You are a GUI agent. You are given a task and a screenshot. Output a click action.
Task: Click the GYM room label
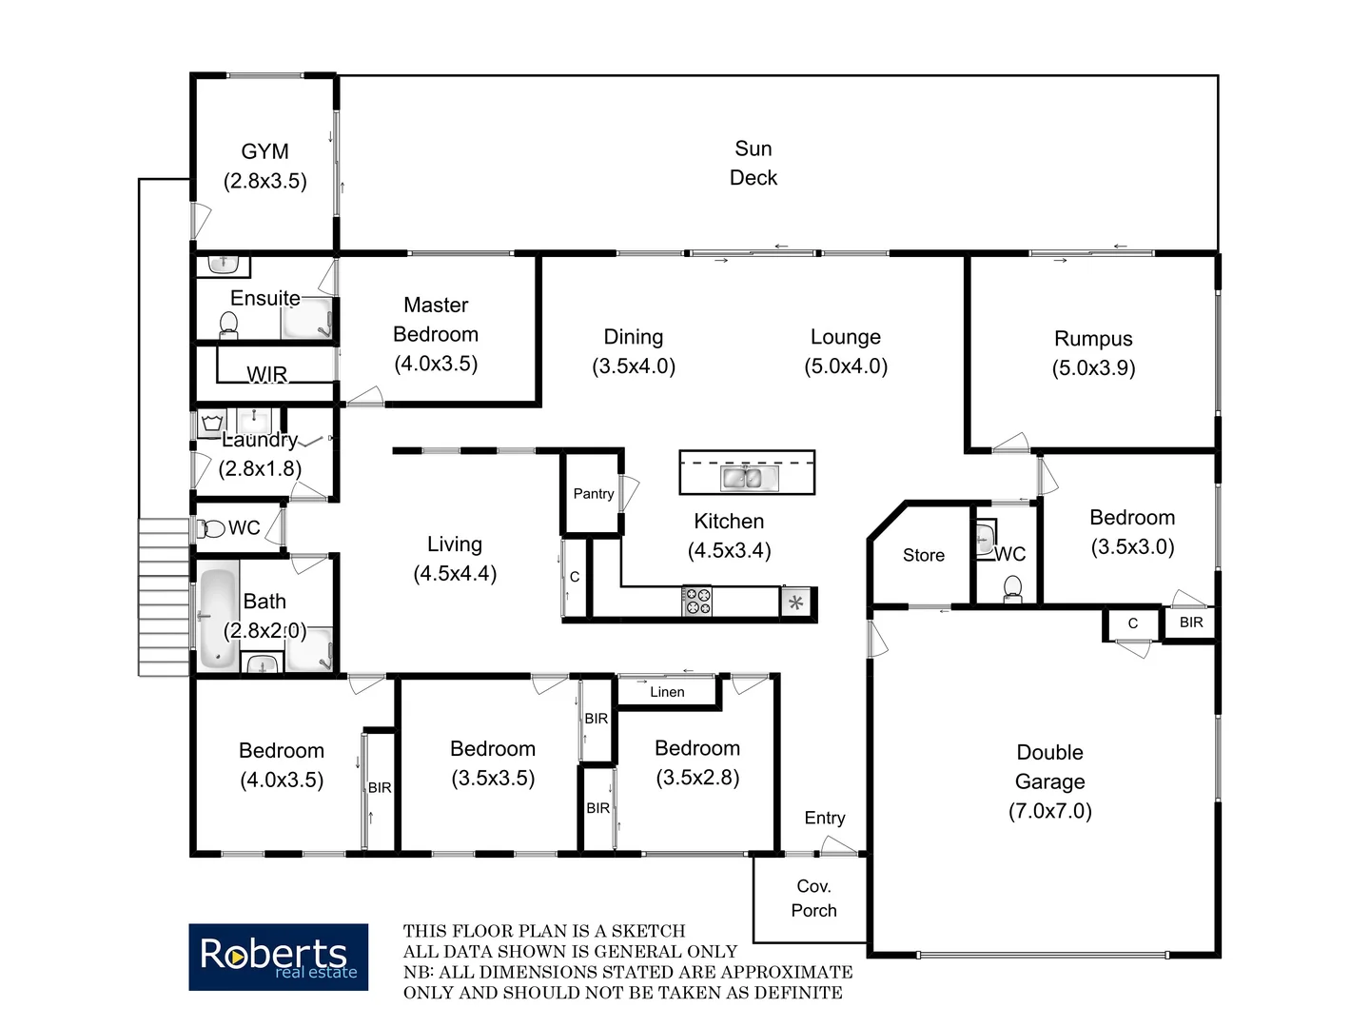264,152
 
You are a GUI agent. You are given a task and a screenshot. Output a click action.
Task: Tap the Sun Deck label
753,163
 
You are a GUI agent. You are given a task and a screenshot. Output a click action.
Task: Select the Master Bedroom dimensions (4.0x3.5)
436,364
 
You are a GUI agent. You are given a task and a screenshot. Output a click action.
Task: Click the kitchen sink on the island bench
748,478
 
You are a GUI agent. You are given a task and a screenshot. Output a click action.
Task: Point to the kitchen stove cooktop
697,602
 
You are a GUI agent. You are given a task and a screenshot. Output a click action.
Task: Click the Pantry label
594,494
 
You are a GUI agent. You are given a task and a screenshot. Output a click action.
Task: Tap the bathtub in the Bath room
218,617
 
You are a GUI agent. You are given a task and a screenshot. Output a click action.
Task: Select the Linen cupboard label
667,692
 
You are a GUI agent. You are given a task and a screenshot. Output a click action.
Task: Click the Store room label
924,555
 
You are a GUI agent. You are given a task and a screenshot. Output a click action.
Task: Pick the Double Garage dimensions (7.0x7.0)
1050,812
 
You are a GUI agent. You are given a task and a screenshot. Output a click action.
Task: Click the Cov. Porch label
813,899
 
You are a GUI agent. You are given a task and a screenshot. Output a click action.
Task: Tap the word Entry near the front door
825,818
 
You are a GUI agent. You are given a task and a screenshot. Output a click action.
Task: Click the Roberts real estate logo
278,957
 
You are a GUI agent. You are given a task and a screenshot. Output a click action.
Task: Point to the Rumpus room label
1093,339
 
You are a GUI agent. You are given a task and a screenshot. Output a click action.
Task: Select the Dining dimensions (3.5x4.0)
634,366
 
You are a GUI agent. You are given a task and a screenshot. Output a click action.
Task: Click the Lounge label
846,337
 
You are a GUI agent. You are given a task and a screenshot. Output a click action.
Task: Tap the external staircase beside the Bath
165,597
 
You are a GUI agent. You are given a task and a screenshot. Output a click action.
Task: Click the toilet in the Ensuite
228,326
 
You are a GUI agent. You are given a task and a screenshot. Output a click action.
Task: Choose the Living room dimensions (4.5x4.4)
455,574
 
